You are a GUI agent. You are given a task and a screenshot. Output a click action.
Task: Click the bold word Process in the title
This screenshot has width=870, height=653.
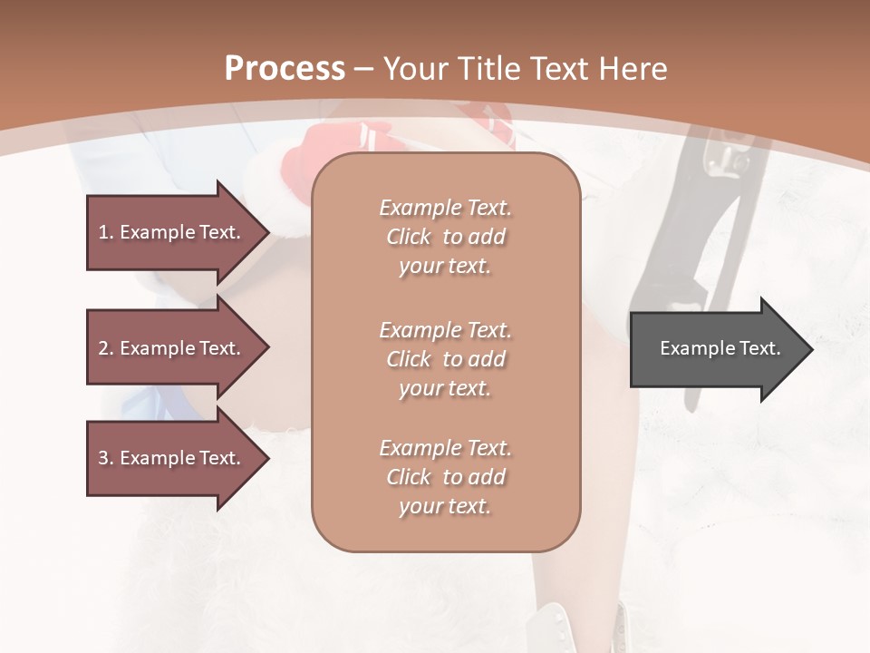coord(285,69)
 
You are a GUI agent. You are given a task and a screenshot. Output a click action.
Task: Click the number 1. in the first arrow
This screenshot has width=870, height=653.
coord(106,232)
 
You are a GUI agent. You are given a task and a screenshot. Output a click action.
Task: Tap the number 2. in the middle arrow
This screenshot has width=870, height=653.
coord(106,348)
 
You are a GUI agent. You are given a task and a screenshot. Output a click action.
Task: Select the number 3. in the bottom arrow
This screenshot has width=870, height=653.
coord(106,458)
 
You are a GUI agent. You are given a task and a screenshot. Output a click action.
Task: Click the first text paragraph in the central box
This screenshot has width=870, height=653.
coord(445,237)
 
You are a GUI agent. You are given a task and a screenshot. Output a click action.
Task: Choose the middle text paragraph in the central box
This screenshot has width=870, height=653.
coord(445,359)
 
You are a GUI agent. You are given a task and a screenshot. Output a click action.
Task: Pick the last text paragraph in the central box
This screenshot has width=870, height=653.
coord(445,477)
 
